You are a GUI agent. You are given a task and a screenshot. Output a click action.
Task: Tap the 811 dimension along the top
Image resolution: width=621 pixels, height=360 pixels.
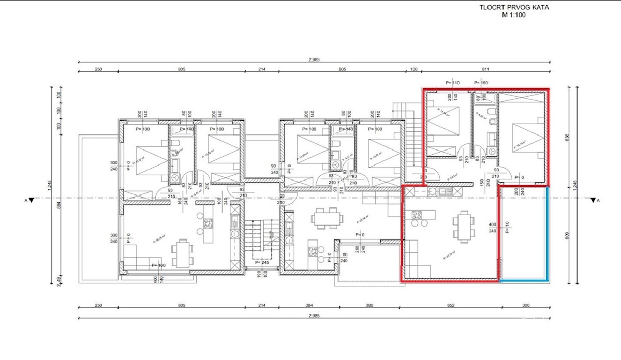pyautogui.click(x=485, y=69)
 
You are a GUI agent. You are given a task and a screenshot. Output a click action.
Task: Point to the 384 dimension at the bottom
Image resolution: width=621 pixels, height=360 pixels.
pyautogui.click(x=309, y=305)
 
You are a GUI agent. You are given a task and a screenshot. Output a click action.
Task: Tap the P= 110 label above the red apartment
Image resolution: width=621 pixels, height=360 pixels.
pyautogui.click(x=452, y=83)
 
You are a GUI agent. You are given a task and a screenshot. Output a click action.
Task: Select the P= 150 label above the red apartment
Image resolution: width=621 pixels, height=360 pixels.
pyautogui.click(x=481, y=83)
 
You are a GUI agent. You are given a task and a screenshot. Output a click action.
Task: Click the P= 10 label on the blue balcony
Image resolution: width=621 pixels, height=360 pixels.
pyautogui.click(x=507, y=228)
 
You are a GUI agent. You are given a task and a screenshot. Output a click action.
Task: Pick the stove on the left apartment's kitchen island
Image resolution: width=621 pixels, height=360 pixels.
pyautogui.click(x=209, y=223)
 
